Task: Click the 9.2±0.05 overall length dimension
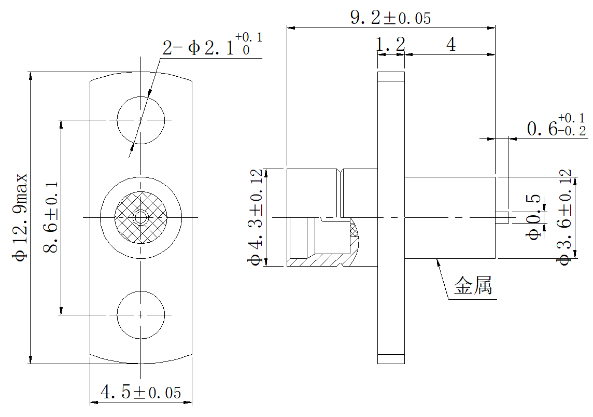390,18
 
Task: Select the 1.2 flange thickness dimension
390,45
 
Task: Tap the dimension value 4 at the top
451,45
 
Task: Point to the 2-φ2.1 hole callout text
212,45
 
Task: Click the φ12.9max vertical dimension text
20,217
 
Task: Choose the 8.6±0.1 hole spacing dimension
51,217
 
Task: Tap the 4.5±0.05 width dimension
140,393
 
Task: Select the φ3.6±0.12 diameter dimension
564,218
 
